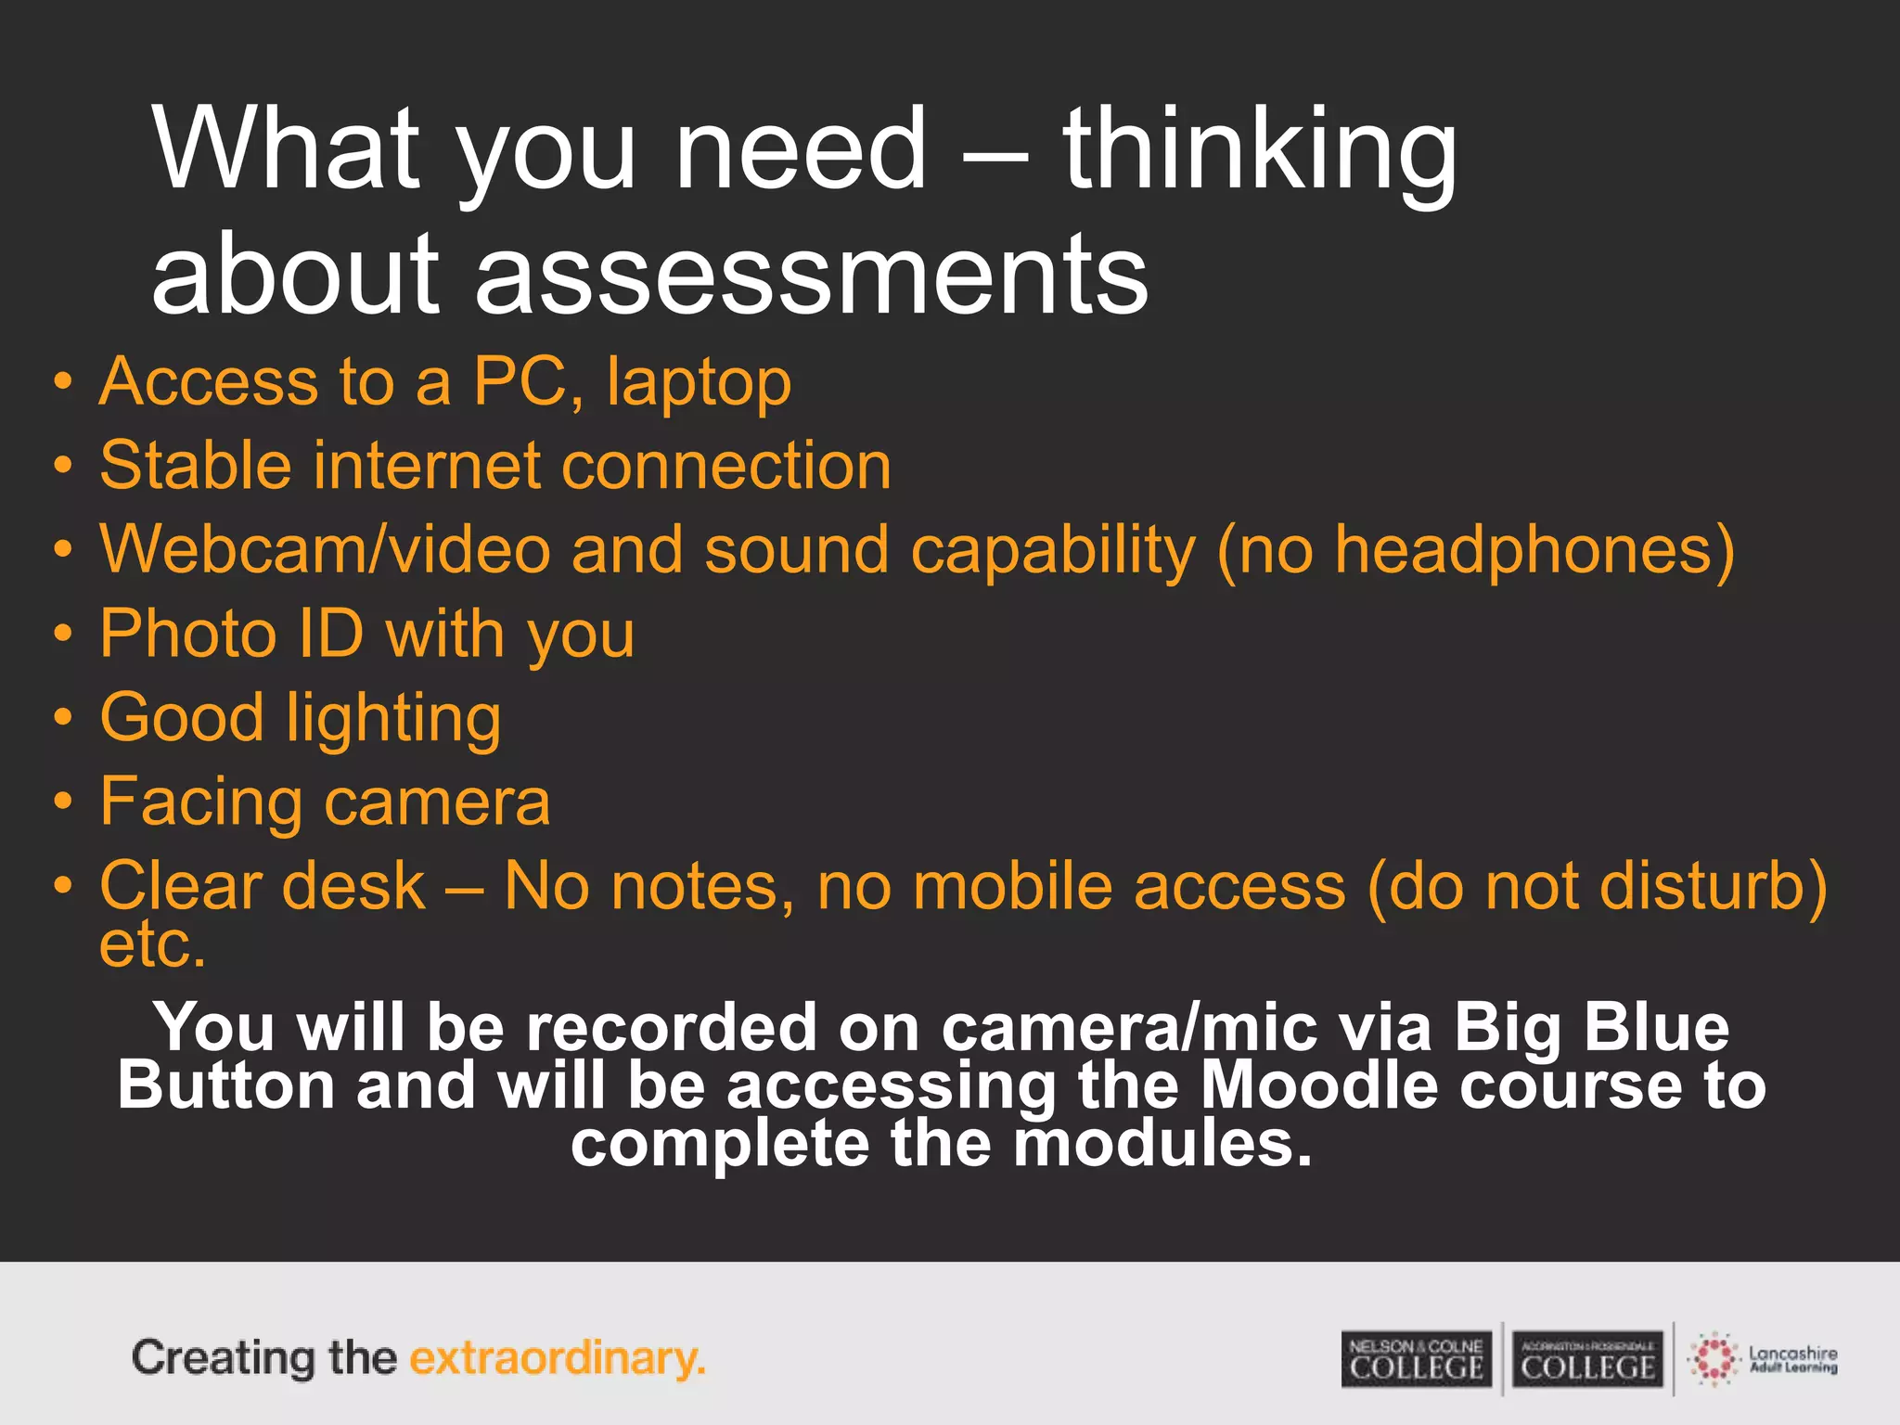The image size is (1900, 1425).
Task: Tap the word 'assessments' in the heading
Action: coord(812,275)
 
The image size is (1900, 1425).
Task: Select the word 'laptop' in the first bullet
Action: coord(699,382)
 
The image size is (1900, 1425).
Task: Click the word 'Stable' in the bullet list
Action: coord(193,466)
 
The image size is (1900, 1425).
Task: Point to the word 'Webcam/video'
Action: coord(325,550)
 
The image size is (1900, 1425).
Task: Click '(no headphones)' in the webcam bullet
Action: coord(1475,550)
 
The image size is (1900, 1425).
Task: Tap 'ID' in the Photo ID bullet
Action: coord(329,635)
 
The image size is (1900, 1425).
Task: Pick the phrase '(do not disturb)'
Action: coord(1597,887)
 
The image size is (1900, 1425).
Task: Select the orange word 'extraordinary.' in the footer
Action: coord(558,1359)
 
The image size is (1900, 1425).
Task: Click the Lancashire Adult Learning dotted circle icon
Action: coord(1714,1360)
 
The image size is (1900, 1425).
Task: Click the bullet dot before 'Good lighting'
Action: coord(62,718)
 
